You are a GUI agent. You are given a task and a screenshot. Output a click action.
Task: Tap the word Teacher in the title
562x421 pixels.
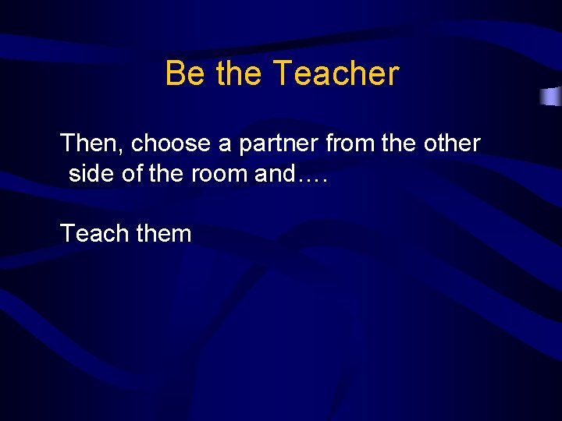336,74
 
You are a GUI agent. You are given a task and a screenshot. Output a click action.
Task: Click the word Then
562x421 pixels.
91,143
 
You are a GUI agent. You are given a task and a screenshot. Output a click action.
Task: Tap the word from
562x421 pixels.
350,143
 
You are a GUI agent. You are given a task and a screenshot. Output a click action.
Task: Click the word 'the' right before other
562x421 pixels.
398,143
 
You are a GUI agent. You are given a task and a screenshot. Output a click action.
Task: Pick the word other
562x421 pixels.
452,143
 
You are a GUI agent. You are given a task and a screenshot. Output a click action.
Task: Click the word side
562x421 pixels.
92,173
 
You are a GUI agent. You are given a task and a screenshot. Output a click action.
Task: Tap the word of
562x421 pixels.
133,173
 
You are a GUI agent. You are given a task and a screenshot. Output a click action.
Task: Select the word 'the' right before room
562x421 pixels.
165,173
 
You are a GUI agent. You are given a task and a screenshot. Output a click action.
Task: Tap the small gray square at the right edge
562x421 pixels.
551,97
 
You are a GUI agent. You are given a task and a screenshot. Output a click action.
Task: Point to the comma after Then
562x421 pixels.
126,151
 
